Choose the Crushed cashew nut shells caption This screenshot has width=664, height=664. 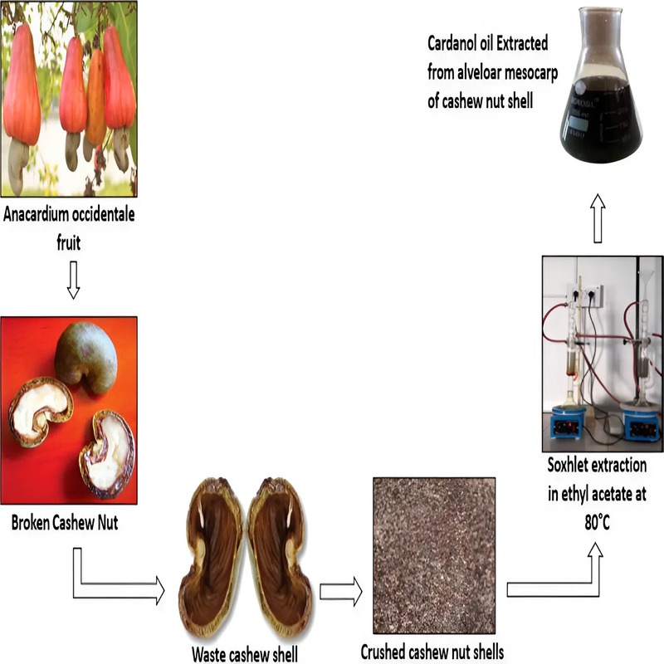coord(432,652)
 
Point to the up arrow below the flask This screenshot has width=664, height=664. coord(597,218)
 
